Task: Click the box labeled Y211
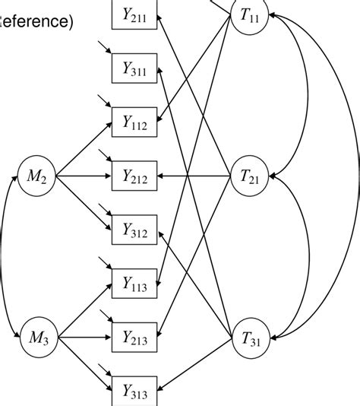(135, 14)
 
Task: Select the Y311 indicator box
(135, 68)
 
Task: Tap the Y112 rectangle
(135, 122)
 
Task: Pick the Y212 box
(135, 176)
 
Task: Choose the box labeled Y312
(135, 230)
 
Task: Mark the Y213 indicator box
(135, 337)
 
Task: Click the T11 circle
(251, 16)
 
